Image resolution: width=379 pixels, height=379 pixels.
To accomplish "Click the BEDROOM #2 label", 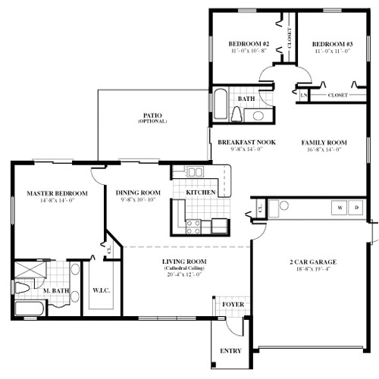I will tap(249, 43).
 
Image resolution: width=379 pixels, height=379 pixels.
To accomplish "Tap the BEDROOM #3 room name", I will tap(333, 43).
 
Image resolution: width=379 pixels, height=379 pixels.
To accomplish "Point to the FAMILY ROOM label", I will tap(324, 142).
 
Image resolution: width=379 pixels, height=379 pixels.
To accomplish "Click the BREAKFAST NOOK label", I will tap(246, 142).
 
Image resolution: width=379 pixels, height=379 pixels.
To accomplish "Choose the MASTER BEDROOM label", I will tap(57, 193).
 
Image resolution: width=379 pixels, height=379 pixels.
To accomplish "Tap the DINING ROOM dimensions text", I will tap(136, 201).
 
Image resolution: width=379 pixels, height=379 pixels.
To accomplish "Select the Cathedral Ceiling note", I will tap(185, 269).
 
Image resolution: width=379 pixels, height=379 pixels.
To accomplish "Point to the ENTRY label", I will tap(230, 351).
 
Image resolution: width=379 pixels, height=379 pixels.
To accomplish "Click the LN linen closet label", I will tap(303, 96).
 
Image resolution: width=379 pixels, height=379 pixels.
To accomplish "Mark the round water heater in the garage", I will tap(284, 205).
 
